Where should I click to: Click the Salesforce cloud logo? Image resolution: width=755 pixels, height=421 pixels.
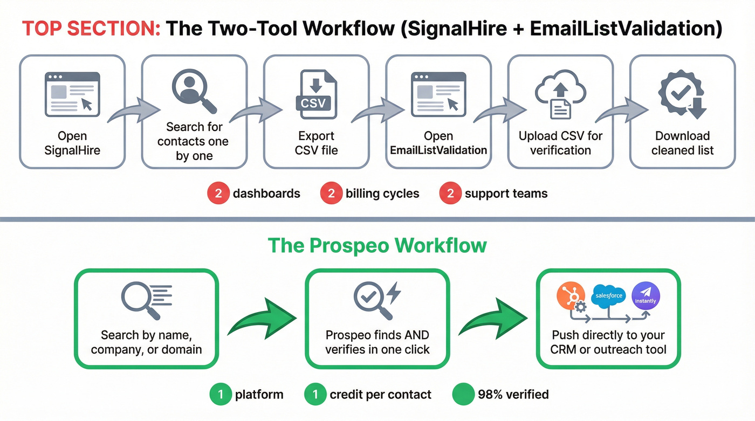(x=608, y=295)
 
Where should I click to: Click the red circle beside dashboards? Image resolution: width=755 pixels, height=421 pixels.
(x=218, y=194)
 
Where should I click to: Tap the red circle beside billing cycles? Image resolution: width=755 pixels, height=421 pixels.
(x=331, y=194)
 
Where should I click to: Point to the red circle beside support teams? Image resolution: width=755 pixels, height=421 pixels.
(x=450, y=194)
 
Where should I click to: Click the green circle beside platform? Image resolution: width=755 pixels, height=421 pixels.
(x=221, y=395)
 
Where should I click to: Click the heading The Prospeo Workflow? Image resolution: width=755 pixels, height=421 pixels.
(x=377, y=246)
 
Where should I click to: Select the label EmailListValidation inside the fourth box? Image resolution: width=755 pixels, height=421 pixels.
(x=438, y=150)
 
